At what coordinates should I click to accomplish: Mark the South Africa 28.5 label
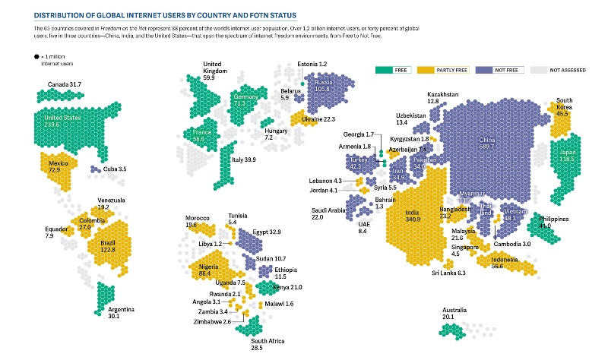(268, 345)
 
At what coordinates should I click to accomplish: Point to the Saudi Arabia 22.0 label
(328, 213)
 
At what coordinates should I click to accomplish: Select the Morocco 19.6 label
(197, 222)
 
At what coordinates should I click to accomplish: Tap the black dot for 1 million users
(35, 57)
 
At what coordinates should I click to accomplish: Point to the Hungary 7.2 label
(275, 134)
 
